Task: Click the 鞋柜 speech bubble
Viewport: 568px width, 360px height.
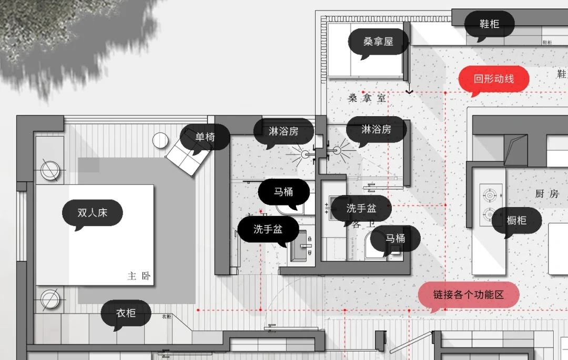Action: click(489, 24)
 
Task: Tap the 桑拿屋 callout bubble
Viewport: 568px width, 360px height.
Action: click(378, 42)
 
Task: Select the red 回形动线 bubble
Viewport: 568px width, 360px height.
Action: click(493, 79)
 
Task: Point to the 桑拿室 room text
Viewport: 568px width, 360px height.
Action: click(367, 98)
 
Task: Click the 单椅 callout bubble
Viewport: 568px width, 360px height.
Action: click(205, 138)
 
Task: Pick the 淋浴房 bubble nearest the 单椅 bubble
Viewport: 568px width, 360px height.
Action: click(283, 131)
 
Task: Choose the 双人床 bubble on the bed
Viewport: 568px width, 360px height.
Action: click(92, 213)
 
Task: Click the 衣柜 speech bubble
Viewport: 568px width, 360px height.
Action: click(126, 313)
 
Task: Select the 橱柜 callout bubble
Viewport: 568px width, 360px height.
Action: click(516, 220)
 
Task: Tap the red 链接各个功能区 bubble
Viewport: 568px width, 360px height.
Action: click(468, 295)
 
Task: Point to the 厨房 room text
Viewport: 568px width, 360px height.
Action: click(546, 194)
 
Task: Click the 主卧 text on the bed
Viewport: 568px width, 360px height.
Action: click(139, 276)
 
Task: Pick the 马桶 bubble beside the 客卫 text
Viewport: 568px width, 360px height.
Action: click(395, 239)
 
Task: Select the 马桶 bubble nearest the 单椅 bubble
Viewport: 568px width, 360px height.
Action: click(283, 192)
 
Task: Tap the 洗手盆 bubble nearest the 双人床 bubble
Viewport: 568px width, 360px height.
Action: click(268, 229)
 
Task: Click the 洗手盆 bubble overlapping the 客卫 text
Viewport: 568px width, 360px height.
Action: click(361, 208)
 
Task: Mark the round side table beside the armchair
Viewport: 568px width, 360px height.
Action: click(160, 140)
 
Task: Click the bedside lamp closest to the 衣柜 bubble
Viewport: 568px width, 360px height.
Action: click(50, 300)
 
